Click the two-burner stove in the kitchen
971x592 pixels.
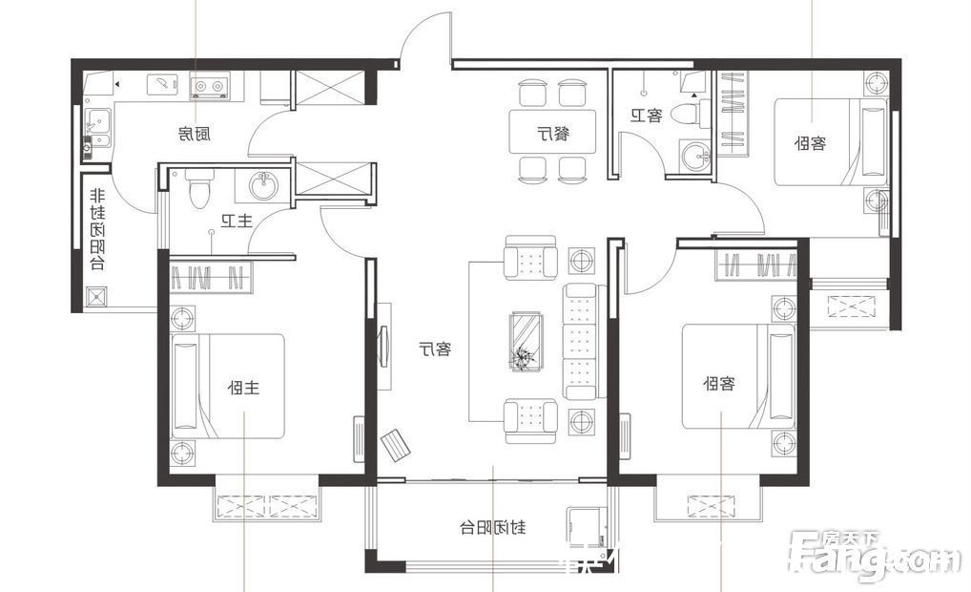(x=211, y=88)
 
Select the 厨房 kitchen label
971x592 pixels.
(x=194, y=134)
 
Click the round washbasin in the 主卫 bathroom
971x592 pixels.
(x=262, y=185)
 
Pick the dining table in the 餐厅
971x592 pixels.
(x=552, y=133)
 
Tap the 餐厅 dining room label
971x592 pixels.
(x=552, y=133)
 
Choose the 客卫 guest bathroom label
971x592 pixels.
(x=646, y=116)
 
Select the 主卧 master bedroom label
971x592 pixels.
(x=244, y=388)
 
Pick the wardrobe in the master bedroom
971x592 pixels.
(x=211, y=277)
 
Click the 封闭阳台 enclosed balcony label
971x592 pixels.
(x=493, y=527)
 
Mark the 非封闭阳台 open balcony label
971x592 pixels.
(x=96, y=229)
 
